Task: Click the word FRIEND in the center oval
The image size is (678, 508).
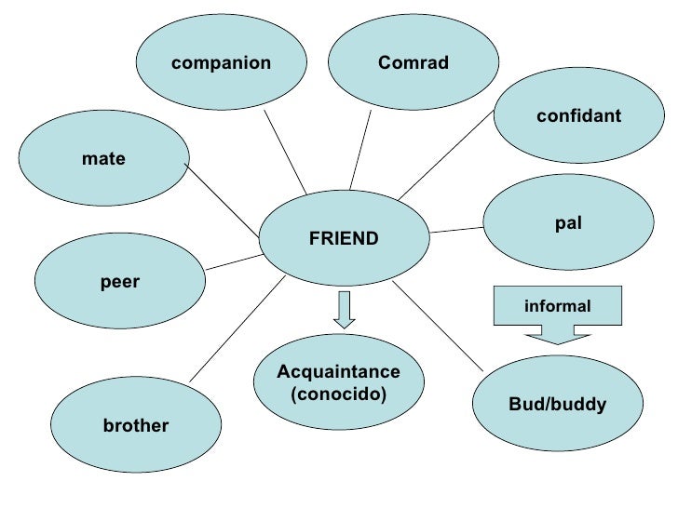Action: tap(344, 239)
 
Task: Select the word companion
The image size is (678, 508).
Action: tap(221, 63)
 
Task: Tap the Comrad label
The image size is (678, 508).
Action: tap(414, 63)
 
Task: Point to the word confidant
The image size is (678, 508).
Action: tap(578, 115)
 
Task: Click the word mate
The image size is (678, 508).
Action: tap(103, 159)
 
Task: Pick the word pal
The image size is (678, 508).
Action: tap(568, 225)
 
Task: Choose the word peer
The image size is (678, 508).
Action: tap(119, 282)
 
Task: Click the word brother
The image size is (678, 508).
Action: tap(136, 426)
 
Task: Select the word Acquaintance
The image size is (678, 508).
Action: tap(339, 372)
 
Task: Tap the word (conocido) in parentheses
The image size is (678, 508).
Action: tap(339, 394)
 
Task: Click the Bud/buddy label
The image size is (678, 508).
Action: tap(558, 405)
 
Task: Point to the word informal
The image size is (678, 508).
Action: tap(558, 305)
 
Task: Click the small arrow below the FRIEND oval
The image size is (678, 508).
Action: tap(345, 310)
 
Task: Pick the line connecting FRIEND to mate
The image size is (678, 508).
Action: tap(222, 200)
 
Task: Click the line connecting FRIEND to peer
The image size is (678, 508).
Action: tap(232, 261)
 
